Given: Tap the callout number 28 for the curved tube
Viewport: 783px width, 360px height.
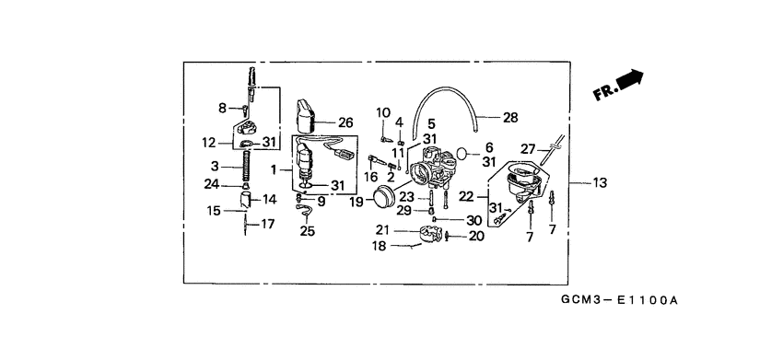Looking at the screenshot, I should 510,118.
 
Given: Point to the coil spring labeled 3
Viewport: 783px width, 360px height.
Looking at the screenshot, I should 247,168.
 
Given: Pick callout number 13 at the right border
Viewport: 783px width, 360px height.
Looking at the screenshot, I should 600,183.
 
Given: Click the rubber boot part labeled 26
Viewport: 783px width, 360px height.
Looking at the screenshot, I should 305,115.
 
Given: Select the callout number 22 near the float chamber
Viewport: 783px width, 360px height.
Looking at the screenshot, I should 466,196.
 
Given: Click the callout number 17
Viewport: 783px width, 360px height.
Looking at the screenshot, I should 269,224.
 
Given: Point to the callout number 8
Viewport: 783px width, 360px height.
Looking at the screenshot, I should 222,109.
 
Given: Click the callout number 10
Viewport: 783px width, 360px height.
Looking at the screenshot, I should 384,112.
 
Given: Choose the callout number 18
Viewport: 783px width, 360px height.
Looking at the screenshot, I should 379,246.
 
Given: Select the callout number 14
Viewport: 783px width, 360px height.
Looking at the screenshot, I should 269,199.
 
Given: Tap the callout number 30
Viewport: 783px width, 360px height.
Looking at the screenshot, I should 474,220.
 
